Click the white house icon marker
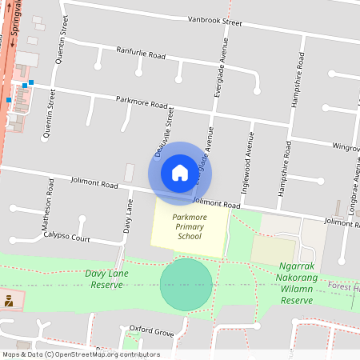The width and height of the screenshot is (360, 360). (x=179, y=173)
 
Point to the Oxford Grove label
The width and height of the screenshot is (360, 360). (x=151, y=330)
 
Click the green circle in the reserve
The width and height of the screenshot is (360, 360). (x=186, y=285)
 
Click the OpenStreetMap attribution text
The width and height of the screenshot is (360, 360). (x=80, y=354)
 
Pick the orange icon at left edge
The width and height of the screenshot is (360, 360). (x=9, y=301)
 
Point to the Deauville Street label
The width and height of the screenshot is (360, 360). (x=165, y=132)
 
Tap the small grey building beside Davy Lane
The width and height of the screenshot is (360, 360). (x=130, y=173)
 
